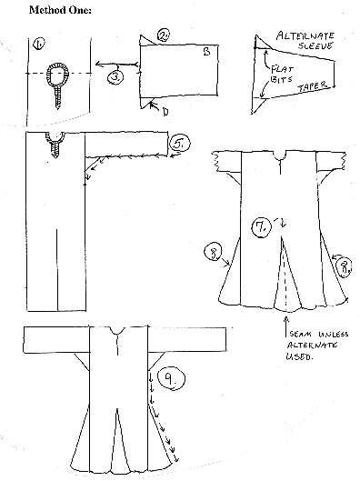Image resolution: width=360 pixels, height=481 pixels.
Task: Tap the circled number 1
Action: pos(39,43)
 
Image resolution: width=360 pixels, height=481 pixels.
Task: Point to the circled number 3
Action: pos(116,78)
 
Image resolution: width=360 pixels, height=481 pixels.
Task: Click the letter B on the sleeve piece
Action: pos(207,54)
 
